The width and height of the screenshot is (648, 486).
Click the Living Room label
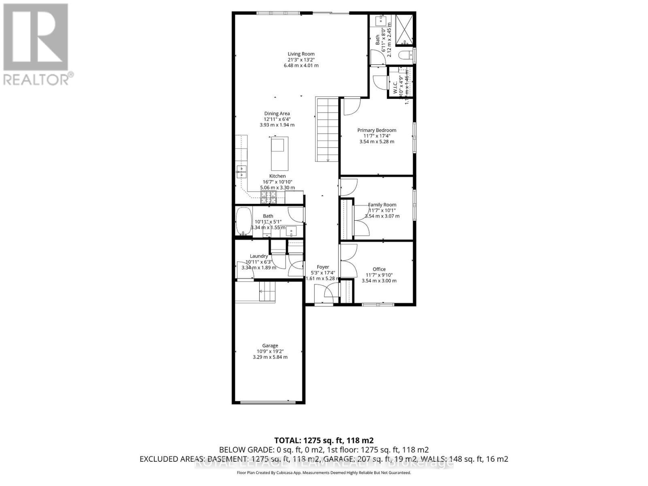tap(301, 54)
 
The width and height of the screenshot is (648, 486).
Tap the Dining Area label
tap(277, 114)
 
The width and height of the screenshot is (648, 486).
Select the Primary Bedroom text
tap(377, 130)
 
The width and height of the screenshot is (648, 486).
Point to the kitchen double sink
tap(241, 172)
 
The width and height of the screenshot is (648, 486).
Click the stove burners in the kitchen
tap(269, 197)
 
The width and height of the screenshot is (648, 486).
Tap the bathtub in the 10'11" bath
tap(244, 221)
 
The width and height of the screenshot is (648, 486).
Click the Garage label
tap(270, 345)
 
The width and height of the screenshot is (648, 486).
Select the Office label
tap(379, 269)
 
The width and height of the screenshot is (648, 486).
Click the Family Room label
tap(382, 205)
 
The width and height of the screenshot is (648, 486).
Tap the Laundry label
tap(259, 256)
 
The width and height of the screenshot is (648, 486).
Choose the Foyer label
tap(323, 267)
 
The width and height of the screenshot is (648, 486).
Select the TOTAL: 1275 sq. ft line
tap(324, 440)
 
